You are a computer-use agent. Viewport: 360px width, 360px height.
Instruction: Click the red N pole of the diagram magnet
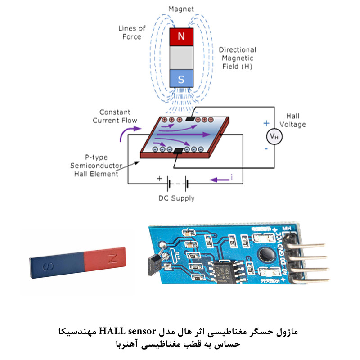[181, 36]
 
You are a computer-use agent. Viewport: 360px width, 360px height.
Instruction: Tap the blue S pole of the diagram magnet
[181, 79]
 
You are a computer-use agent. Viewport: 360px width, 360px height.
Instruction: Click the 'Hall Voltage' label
[292, 120]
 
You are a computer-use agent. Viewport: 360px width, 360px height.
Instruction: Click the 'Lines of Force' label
[132, 32]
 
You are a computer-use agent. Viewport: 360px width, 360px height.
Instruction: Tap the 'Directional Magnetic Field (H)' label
[237, 58]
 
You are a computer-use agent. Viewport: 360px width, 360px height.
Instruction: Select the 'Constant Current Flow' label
[115, 116]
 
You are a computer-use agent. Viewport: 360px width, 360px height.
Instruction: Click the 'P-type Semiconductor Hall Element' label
[94, 165]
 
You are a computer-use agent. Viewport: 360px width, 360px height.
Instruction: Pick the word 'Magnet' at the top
[180, 9]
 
